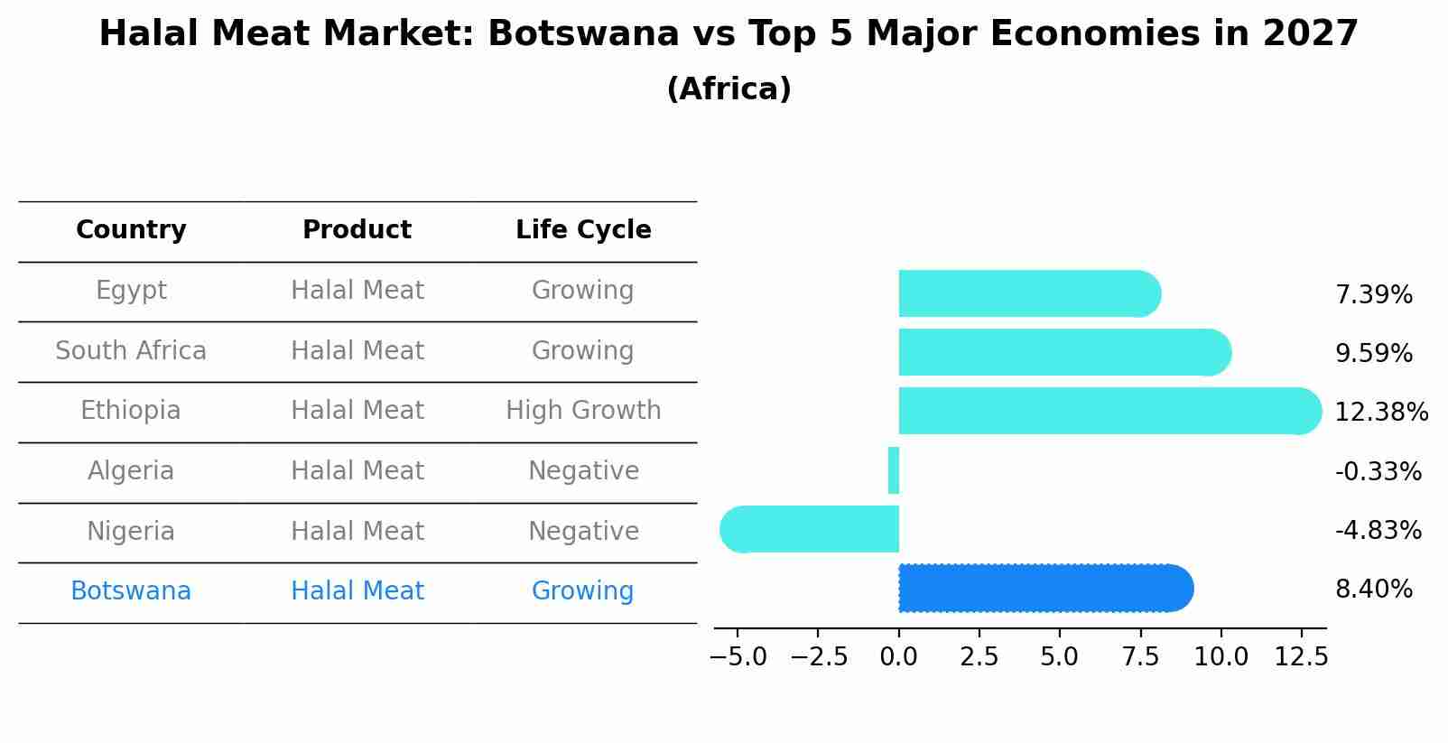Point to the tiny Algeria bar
[894, 470]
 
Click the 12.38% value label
[1380, 413]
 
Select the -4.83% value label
[1378, 531]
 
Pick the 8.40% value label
[1373, 590]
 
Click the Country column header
[131, 230]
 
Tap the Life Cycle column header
[583, 230]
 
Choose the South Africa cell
[131, 351]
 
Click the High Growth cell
[583, 411]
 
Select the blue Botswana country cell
[131, 591]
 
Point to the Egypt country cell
[131, 291]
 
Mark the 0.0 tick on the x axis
[899, 657]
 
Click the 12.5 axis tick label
[1301, 657]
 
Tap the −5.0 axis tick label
[738, 657]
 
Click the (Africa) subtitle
[729, 89]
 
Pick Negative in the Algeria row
[583, 471]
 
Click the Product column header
[357, 230]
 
